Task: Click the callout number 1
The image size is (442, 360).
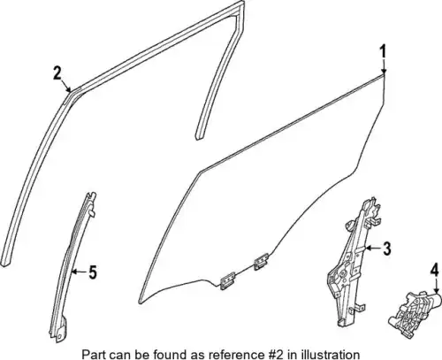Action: tap(383, 52)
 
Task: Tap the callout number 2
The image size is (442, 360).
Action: tap(57, 73)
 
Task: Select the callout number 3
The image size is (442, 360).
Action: tap(386, 249)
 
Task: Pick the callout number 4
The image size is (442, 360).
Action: tap(435, 272)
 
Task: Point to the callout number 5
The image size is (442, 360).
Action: tap(93, 272)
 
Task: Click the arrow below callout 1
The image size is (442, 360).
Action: tap(384, 66)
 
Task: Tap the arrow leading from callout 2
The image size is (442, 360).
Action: tap(66, 86)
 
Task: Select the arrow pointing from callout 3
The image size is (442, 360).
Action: tap(373, 249)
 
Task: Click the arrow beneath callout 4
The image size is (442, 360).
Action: tap(436, 287)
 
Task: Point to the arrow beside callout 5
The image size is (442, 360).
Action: tap(80, 272)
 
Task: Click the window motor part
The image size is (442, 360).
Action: tap(415, 314)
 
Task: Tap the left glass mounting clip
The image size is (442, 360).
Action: tap(227, 280)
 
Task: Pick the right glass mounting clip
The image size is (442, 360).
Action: tap(261, 262)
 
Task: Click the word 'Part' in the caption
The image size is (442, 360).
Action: tap(91, 354)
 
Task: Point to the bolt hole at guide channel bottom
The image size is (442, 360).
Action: tap(59, 336)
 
